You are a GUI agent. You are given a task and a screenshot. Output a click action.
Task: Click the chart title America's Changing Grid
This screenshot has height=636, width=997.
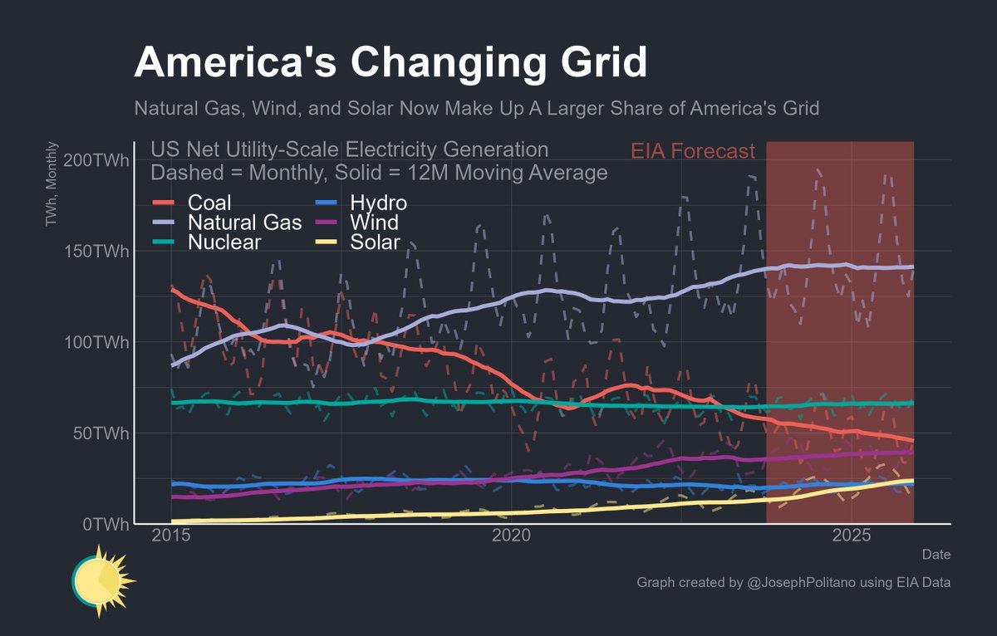(390, 64)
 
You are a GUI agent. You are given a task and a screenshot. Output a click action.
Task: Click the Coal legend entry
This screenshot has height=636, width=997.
(209, 203)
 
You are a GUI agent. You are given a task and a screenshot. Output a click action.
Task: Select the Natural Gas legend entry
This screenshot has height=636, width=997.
(244, 223)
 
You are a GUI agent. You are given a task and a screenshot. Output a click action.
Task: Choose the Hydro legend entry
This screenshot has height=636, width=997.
(378, 203)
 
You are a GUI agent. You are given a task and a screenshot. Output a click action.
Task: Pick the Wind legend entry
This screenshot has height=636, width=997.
(374, 223)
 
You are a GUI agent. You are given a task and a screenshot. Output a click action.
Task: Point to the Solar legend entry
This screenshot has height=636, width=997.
(376, 242)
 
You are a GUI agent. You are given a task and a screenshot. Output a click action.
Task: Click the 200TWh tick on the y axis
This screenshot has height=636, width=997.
(96, 160)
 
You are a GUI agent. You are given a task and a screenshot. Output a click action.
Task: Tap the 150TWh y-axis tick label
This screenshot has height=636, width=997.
(96, 252)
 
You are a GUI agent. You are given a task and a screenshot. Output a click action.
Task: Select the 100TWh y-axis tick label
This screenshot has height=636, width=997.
(96, 342)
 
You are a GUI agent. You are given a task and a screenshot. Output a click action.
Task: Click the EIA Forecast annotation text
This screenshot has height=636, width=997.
(693, 151)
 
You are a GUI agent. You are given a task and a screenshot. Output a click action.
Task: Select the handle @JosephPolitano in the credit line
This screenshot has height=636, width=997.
(801, 583)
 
